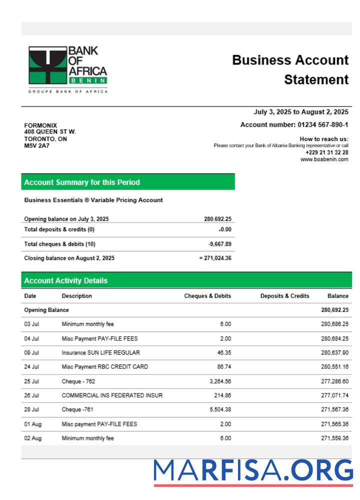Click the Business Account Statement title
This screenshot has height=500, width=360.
[x=290, y=70]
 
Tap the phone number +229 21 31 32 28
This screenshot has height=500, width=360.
[x=327, y=152]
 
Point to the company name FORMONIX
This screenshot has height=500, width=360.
[x=40, y=125]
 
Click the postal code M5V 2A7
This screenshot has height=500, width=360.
[x=34, y=146]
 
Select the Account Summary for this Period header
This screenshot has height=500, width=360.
[x=82, y=182]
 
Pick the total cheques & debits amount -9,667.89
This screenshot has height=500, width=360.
[x=219, y=244]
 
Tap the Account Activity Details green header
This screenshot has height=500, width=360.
[x=65, y=280]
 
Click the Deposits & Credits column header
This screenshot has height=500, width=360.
[x=284, y=296]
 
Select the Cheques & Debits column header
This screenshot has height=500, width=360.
[x=207, y=296]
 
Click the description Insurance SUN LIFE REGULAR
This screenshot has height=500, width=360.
[x=100, y=352]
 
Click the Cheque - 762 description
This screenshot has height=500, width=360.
[x=78, y=381]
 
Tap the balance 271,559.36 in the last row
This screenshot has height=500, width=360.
[x=334, y=438]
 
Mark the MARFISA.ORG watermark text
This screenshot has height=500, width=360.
[x=253, y=471]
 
